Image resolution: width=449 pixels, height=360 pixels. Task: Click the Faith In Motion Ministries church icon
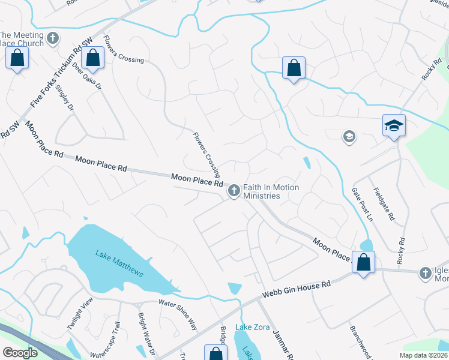[234, 191]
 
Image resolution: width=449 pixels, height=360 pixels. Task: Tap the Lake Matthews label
[119, 263]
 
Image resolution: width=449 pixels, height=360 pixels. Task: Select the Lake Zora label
[251, 327]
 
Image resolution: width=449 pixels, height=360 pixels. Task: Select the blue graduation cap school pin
[394, 126]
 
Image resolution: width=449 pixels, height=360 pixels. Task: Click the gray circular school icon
[349, 137]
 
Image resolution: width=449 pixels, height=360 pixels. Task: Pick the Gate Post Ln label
[362, 205]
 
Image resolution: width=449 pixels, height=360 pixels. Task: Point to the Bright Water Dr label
[146, 334]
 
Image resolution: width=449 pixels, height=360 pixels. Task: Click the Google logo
[20, 352]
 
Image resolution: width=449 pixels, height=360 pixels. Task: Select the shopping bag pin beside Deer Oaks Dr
[93, 58]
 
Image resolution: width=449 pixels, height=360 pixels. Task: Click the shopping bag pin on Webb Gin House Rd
[363, 262]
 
